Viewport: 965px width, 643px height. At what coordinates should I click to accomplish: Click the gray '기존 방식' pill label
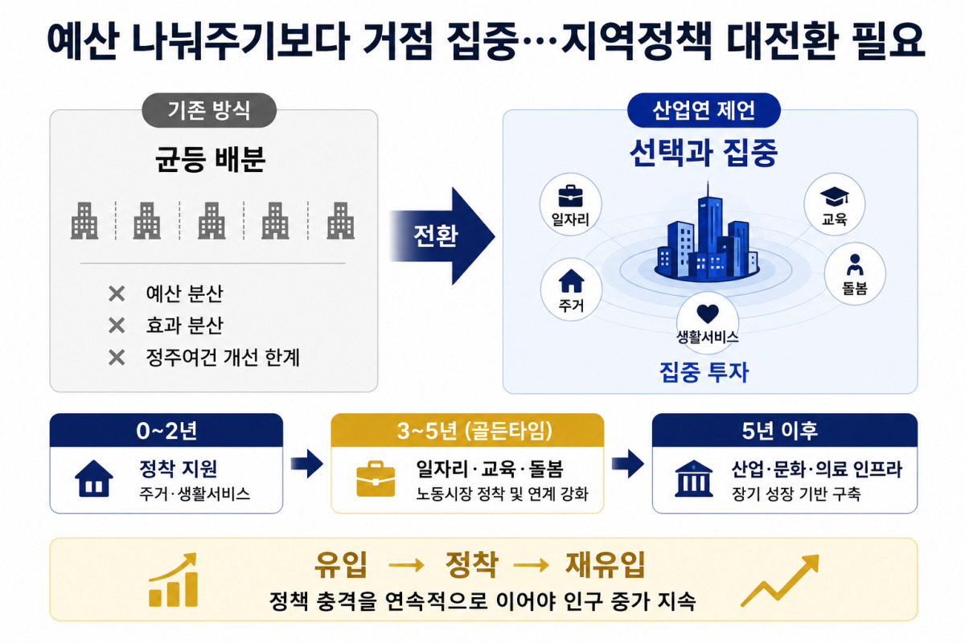pyautogui.click(x=209, y=110)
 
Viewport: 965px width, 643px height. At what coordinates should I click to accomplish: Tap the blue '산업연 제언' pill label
pyautogui.click(x=704, y=110)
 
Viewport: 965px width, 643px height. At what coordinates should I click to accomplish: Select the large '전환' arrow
pyautogui.click(x=442, y=236)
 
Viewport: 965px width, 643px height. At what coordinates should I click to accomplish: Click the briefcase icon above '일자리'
pyautogui.click(x=570, y=196)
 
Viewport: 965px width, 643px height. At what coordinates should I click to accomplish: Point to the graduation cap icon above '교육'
pyautogui.click(x=835, y=196)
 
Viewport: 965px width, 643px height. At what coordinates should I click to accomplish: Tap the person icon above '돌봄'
pyautogui.click(x=855, y=264)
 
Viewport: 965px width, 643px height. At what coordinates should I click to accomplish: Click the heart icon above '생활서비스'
pyautogui.click(x=708, y=313)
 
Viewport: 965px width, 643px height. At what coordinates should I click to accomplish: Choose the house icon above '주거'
pyautogui.click(x=571, y=281)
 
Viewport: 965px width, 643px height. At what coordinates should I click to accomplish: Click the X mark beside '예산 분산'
pyautogui.click(x=117, y=294)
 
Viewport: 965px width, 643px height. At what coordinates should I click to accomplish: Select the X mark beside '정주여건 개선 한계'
pyautogui.click(x=117, y=358)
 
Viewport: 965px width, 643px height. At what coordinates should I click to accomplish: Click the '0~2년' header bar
pyautogui.click(x=166, y=430)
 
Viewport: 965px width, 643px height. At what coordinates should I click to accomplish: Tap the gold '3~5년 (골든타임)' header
pyautogui.click(x=467, y=430)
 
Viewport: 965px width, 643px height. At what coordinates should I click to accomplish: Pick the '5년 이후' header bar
pyautogui.click(x=785, y=430)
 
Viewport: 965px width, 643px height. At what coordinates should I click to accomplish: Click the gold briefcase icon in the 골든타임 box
pyautogui.click(x=376, y=479)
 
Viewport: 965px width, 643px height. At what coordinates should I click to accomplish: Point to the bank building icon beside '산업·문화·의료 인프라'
pyautogui.click(x=693, y=479)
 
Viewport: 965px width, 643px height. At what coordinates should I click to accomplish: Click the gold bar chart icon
pyautogui.click(x=173, y=580)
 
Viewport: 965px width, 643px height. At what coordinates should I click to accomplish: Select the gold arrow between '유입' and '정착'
pyautogui.click(x=406, y=566)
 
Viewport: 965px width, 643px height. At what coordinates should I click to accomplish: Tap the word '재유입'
pyautogui.click(x=606, y=564)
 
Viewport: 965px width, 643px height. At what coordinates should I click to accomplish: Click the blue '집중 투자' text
pyautogui.click(x=704, y=372)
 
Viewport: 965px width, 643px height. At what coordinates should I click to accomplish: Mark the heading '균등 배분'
pyautogui.click(x=210, y=160)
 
